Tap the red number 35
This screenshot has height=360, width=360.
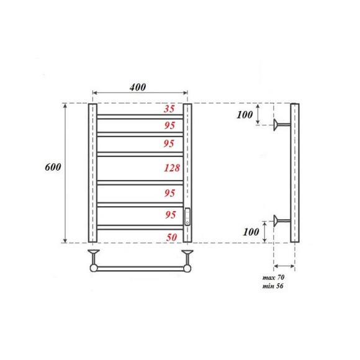click(x=169, y=108)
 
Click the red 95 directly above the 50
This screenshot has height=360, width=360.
click(x=169, y=215)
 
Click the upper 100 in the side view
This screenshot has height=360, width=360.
click(x=246, y=115)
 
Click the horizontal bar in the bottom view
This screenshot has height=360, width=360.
click(x=140, y=269)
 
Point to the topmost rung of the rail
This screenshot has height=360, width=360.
click(x=140, y=115)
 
